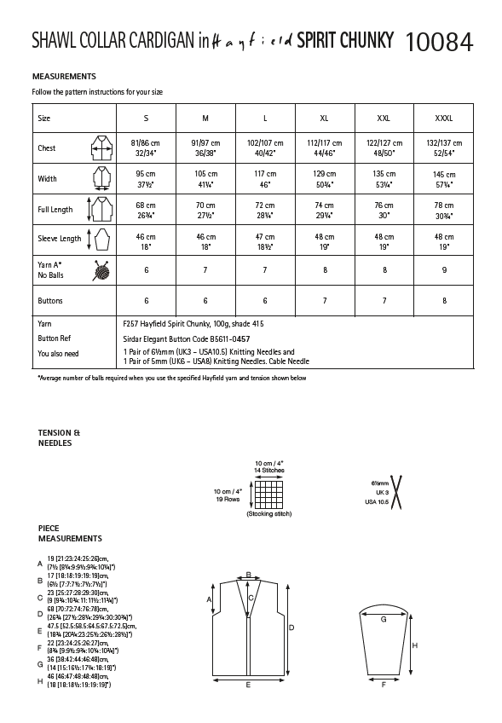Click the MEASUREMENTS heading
(x=69, y=76)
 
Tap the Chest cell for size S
(x=144, y=147)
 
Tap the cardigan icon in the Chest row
(x=101, y=148)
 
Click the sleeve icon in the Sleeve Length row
(x=101, y=240)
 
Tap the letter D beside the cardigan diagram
(x=291, y=627)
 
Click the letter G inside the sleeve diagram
(x=384, y=618)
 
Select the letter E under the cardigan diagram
(x=248, y=685)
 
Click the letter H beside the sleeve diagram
(x=414, y=645)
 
